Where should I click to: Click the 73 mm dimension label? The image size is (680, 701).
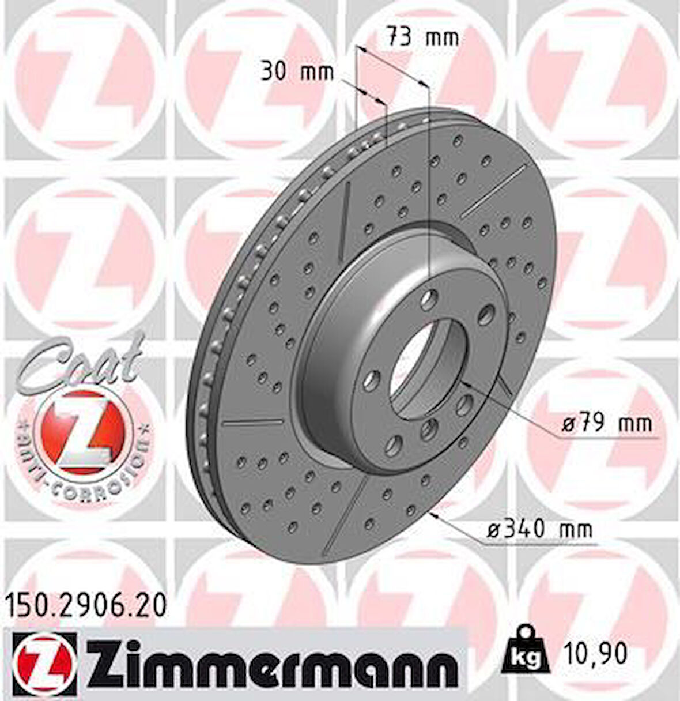422,38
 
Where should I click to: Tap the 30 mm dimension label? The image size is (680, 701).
297,73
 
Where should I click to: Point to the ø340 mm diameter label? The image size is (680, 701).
539,528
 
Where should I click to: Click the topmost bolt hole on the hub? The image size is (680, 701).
430,299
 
